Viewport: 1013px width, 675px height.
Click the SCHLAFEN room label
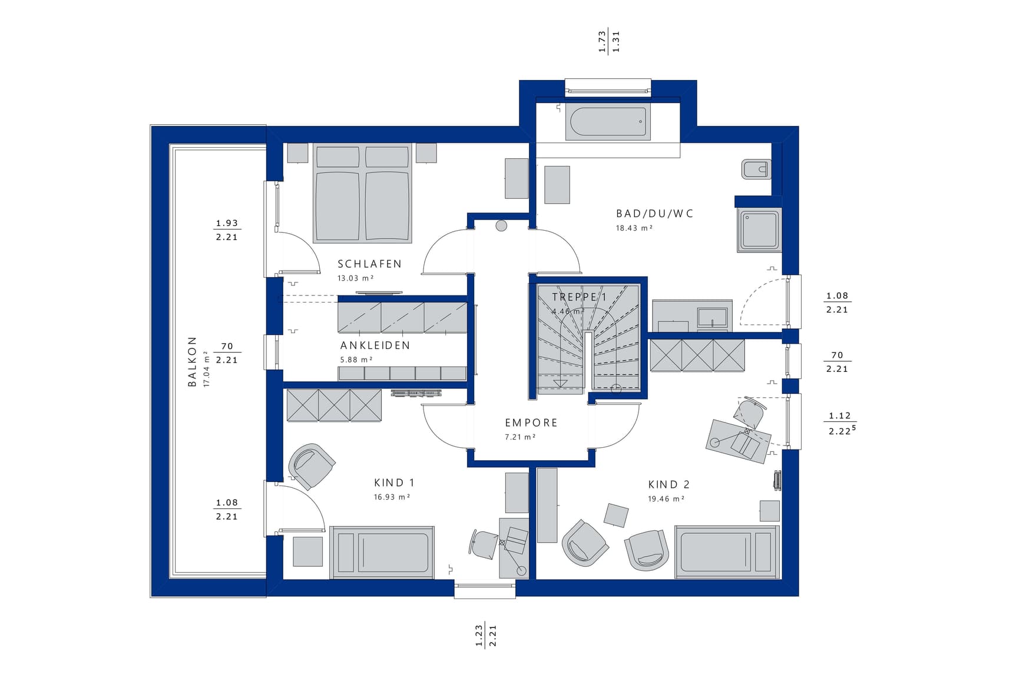(369, 264)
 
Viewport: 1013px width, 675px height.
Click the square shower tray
(759, 230)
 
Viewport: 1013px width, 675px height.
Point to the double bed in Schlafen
(362, 193)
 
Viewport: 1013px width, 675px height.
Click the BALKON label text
(192, 362)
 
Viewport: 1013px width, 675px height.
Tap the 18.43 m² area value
(634, 228)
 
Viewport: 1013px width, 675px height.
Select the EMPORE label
(531, 423)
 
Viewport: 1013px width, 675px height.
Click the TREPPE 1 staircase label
(579, 297)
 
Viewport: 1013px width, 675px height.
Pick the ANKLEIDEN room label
(375, 345)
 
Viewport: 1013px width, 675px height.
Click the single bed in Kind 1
(382, 553)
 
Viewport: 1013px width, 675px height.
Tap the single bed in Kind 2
(727, 552)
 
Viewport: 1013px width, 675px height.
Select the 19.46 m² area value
(666, 499)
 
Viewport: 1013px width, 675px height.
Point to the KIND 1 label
(394, 483)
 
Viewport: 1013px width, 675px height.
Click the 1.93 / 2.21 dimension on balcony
(227, 230)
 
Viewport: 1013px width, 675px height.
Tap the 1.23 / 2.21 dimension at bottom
(486, 636)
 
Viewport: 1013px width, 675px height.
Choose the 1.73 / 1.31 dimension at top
(609, 42)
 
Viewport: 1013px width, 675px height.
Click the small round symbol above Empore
(501, 225)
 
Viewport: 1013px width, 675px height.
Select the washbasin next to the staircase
(713, 317)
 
